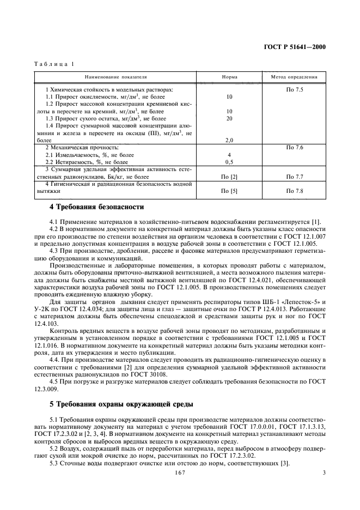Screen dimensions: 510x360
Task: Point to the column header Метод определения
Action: click(295, 77)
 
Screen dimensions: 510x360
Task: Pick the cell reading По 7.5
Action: click(295, 89)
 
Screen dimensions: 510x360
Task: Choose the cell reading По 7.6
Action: click(295, 148)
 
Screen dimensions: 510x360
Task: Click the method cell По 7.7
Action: click(295, 177)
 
